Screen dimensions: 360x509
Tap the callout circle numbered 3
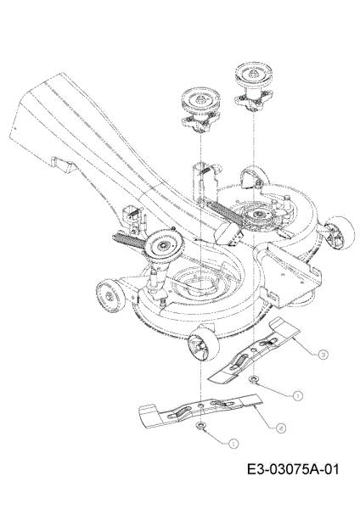(323, 355)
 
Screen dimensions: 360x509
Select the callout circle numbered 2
(281, 428)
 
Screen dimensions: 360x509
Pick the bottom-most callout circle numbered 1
(233, 444)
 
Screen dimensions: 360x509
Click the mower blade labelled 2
(200, 409)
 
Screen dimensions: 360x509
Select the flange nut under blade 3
(253, 379)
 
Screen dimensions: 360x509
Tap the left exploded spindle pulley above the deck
(199, 111)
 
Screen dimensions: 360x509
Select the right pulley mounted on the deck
(258, 215)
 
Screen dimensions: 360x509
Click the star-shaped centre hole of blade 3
(254, 350)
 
